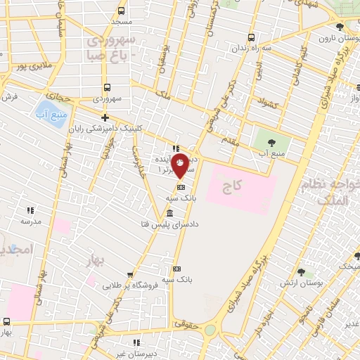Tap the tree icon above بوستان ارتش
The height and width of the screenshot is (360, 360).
302,272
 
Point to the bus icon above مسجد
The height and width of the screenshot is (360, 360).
122,11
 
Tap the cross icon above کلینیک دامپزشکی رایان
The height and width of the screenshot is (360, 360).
105,117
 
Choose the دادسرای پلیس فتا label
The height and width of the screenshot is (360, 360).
169,224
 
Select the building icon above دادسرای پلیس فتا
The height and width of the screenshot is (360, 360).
169,213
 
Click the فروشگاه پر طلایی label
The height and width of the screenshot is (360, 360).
128,285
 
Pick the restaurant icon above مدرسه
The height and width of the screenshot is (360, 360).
30,210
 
